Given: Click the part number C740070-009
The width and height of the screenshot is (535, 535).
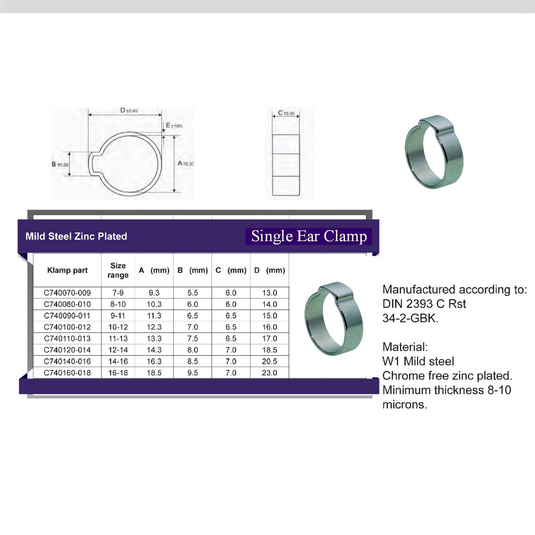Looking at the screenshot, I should (67, 293).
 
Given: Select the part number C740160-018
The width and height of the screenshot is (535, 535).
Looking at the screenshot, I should (67, 373).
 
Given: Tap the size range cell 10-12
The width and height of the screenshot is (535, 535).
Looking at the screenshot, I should (118, 327).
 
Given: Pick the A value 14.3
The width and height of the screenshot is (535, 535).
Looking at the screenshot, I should (154, 350).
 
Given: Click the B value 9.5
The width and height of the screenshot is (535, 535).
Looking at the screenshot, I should (193, 373).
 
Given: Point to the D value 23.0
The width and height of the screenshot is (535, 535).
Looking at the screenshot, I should (270, 373).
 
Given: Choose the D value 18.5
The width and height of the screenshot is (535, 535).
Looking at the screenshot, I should (270, 350).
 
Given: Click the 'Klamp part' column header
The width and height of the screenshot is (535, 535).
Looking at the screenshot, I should (67, 270).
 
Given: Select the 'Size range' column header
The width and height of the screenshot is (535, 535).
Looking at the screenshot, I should (118, 270).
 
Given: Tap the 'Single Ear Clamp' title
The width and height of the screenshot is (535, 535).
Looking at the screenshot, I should (309, 236).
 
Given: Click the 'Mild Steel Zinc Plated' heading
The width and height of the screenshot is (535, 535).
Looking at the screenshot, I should (76, 236).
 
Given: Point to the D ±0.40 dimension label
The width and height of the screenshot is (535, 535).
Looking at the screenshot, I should (129, 110).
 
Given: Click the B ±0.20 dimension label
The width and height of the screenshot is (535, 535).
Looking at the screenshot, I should (60, 164).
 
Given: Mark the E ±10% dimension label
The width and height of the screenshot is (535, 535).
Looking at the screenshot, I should (174, 126).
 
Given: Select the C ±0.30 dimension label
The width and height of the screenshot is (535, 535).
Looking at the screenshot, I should (286, 113).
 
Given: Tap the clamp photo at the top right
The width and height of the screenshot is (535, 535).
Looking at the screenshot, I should (434, 152).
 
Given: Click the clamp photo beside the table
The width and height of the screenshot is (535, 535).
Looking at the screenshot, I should (334, 318).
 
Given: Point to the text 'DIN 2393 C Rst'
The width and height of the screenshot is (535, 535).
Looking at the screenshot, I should (424, 304).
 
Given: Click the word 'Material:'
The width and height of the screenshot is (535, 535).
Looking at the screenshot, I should (405, 347).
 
